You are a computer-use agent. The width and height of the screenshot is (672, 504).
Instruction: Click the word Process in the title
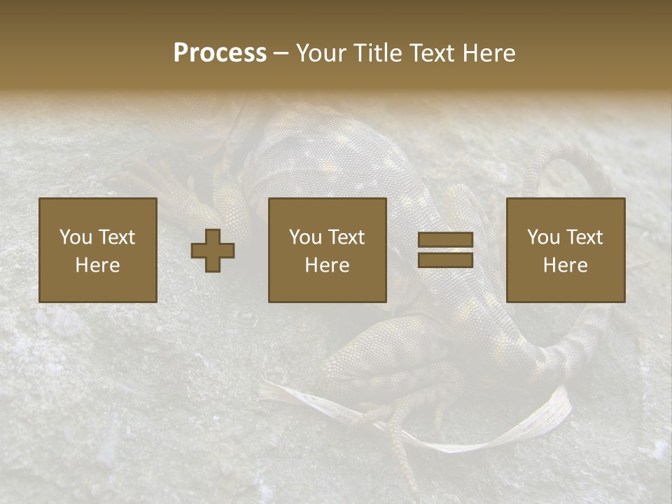pyautogui.click(x=220, y=53)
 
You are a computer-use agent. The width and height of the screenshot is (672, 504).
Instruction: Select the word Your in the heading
pyautogui.click(x=323, y=53)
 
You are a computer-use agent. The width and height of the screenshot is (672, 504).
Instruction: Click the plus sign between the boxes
pyautogui.click(x=213, y=250)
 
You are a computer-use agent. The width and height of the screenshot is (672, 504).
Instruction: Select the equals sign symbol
pyautogui.click(x=445, y=250)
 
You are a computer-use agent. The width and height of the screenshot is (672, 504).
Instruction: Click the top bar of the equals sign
pyautogui.click(x=445, y=240)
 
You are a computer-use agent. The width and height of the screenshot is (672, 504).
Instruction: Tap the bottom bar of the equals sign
pyautogui.click(x=445, y=260)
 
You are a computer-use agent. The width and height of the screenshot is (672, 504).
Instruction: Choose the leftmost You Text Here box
pyautogui.click(x=97, y=250)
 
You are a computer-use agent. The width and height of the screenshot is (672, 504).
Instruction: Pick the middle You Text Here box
pyautogui.click(x=327, y=250)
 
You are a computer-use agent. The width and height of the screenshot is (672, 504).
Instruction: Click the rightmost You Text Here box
pyautogui.click(x=565, y=250)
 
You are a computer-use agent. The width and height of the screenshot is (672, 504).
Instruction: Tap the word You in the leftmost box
pyautogui.click(x=75, y=237)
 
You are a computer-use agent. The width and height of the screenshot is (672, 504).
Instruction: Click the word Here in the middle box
pyautogui.click(x=327, y=265)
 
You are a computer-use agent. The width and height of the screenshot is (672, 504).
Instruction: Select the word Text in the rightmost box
pyautogui.click(x=585, y=237)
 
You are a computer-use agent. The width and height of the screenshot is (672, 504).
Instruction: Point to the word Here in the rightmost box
pyautogui.click(x=565, y=265)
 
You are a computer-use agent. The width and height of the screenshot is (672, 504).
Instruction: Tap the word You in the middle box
pyautogui.click(x=304, y=237)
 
